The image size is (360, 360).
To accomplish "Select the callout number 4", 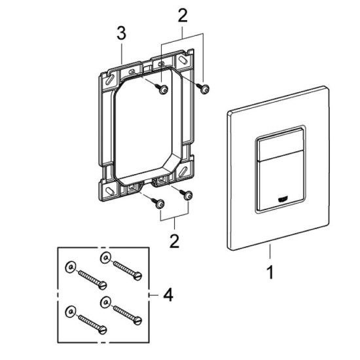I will pyautogui.click(x=168, y=297).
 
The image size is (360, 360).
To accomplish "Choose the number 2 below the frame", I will pyautogui.click(x=174, y=242).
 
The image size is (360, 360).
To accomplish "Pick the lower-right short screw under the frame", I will pyautogui.click(x=187, y=194).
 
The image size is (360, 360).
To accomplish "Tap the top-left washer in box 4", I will pyautogui.click(x=70, y=268).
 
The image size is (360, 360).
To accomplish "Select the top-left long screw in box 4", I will pyautogui.click(x=91, y=279).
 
